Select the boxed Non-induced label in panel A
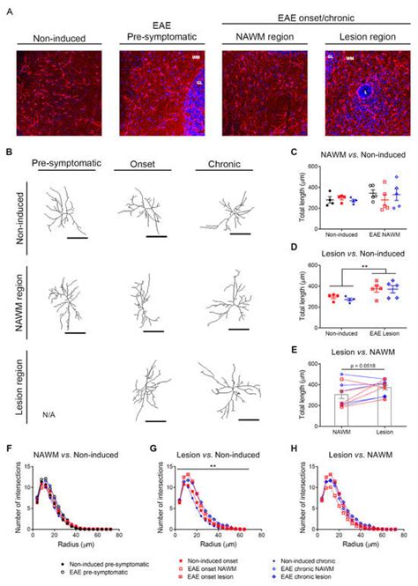pyautogui.click(x=56, y=39)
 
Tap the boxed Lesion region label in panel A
pyautogui.click(x=361, y=39)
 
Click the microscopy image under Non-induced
pyautogui.click(x=56, y=92)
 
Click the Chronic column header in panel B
pyautogui.click(x=223, y=164)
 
